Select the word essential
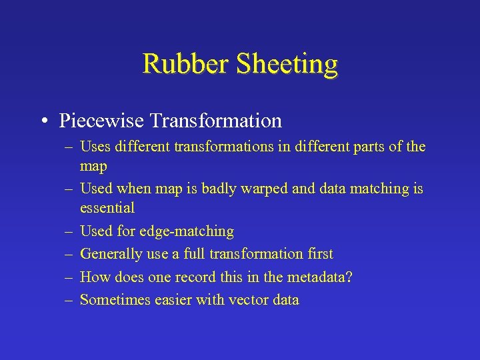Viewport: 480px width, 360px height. [107, 207]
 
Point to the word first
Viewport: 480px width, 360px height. [317, 254]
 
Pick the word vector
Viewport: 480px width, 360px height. [247, 300]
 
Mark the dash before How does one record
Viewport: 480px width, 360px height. [69, 277]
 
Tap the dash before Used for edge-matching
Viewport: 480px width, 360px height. [69, 231]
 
